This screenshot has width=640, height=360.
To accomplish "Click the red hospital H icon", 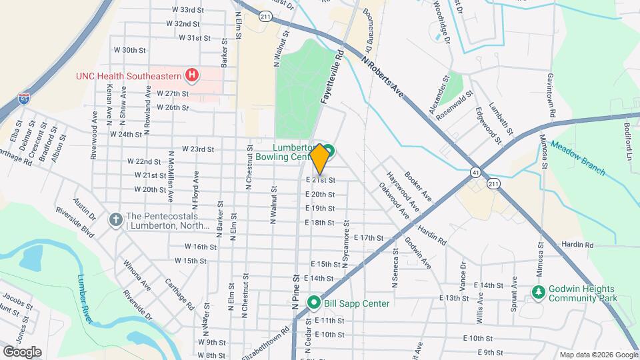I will coord(192,75).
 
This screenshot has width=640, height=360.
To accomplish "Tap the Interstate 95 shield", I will coord(24,99).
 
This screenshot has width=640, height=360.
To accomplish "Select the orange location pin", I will coord(319,159).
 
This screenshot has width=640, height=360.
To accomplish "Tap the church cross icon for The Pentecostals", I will coord(115,219).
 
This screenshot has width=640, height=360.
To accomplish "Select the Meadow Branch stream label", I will coord(578,160).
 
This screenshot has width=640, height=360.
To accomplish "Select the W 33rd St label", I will coord(187,10).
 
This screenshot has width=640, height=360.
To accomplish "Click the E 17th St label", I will coord(369,237).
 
